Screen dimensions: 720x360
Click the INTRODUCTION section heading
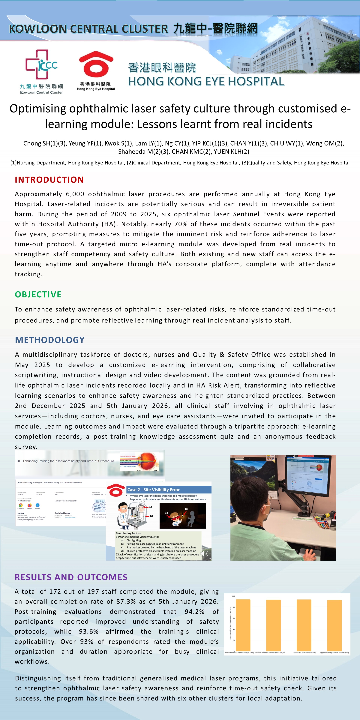coord(49,180)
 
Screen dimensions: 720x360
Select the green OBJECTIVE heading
coord(38,294)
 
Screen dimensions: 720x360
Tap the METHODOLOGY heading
coord(50,340)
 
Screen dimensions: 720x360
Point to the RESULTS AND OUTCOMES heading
coord(71,577)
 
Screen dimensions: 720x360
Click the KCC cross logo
coord(41,64)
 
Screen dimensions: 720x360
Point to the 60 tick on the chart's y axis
coord(234,618)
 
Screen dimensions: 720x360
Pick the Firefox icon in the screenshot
coord(29,505)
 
